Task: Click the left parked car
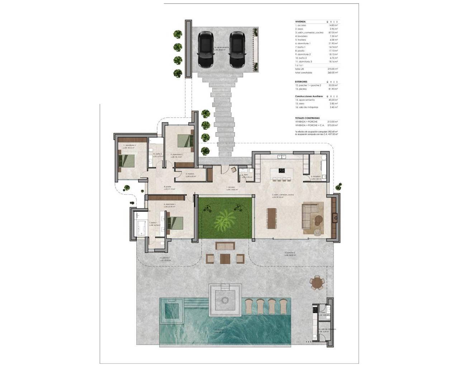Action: (x=205, y=49)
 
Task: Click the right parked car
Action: (x=237, y=49)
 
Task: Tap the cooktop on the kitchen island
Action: (x=282, y=171)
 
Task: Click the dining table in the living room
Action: (x=272, y=218)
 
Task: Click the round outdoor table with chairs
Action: (x=317, y=283)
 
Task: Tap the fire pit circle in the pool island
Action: (x=225, y=300)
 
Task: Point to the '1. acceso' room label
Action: (x=230, y=187)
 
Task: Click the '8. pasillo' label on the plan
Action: (x=167, y=187)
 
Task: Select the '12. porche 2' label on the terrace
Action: (x=289, y=253)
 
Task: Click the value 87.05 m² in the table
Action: (x=333, y=33)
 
